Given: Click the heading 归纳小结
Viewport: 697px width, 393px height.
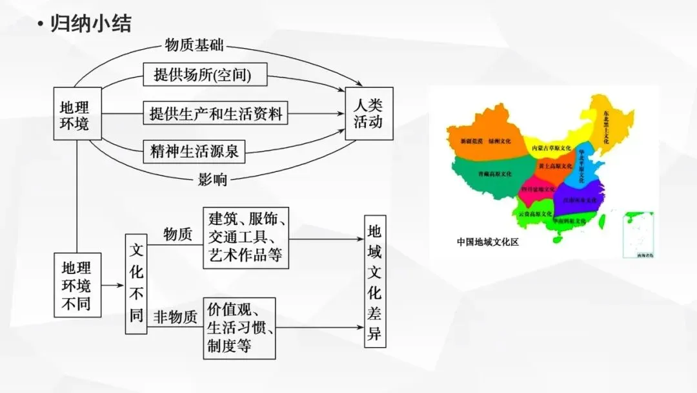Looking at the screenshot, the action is [90, 25].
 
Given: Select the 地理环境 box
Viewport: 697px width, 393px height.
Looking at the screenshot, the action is [77, 114].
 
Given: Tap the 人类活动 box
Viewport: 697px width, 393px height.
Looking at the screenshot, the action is [369, 113].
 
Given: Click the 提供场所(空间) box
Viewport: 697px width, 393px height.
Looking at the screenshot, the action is [202, 75].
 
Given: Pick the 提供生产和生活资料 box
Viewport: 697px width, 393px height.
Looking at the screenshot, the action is [216, 114].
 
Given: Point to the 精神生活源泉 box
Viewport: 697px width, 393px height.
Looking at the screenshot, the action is [194, 152].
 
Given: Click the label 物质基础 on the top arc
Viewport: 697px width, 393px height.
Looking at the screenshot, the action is [194, 46].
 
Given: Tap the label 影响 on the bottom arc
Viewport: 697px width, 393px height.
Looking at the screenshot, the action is [213, 180].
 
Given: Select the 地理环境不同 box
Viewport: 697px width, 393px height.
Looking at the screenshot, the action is [77, 285].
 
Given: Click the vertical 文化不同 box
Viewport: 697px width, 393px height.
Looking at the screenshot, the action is [136, 284].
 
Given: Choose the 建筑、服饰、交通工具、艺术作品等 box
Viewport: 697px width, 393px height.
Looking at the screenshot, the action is [245, 237].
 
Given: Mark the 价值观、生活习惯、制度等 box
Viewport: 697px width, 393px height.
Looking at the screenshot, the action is [239, 328].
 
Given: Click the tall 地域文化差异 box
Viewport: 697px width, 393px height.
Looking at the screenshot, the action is [375, 282].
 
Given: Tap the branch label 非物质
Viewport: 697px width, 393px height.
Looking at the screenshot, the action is [175, 317].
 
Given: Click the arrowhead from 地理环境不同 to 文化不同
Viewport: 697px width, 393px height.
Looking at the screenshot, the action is [121, 285].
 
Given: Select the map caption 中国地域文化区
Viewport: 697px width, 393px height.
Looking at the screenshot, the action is [488, 242].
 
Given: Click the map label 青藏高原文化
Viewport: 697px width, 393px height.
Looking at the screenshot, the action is [494, 174].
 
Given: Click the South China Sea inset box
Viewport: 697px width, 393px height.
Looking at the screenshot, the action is [637, 235].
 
